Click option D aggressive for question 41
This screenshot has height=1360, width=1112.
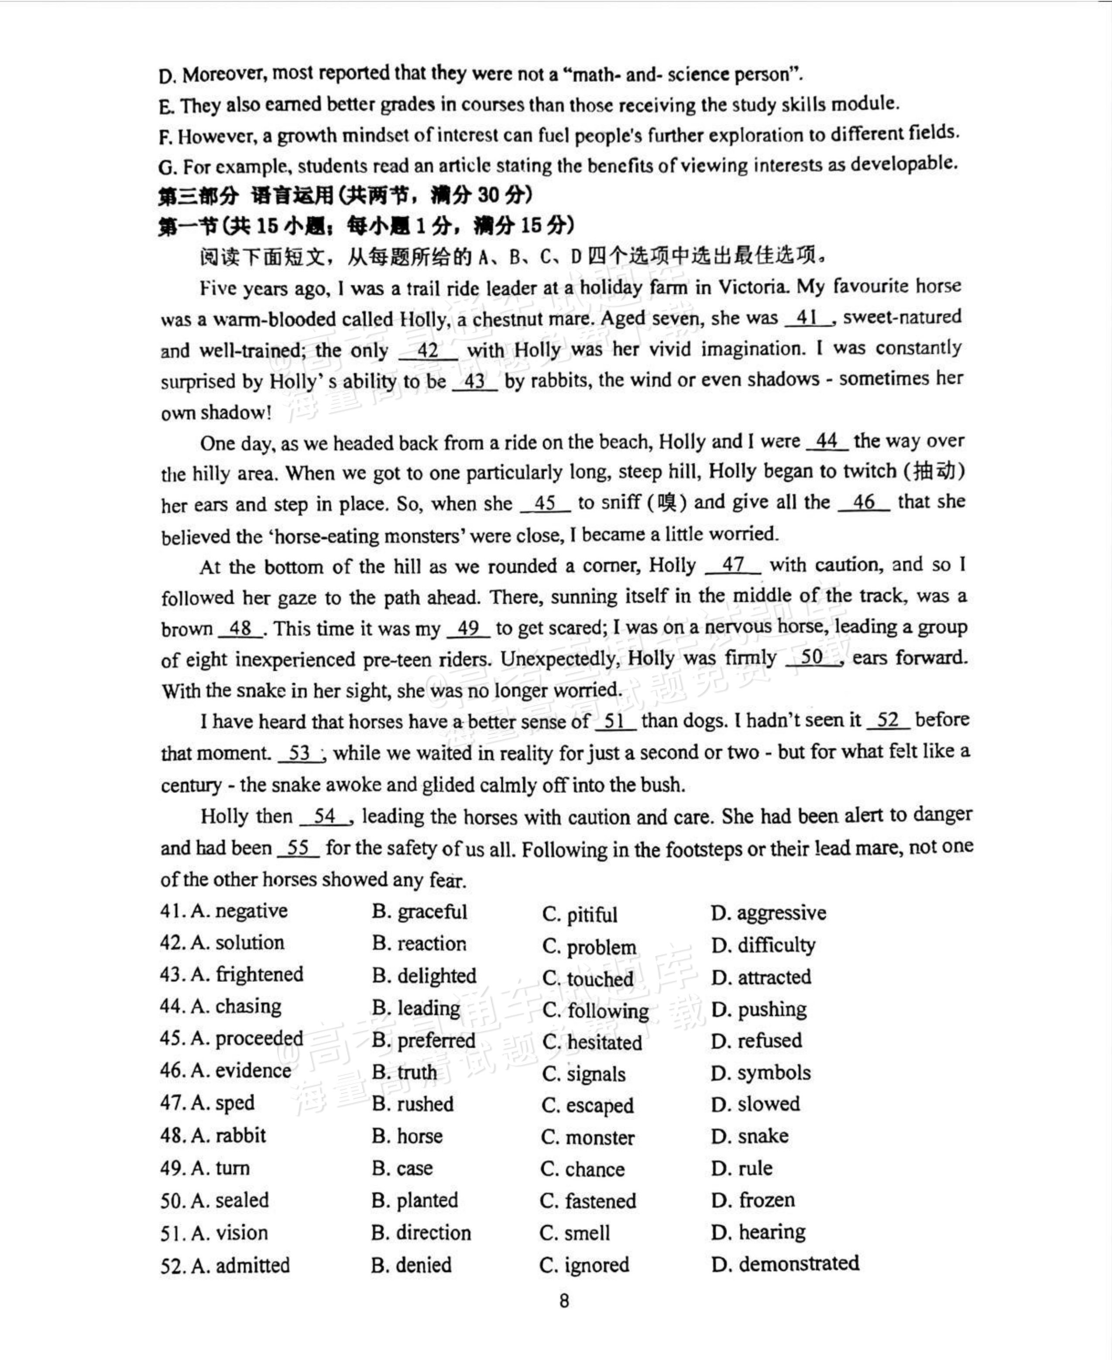(x=769, y=913)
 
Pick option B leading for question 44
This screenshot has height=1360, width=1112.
(x=416, y=1008)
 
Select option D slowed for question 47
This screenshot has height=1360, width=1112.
(x=756, y=1104)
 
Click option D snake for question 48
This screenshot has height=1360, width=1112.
(x=750, y=1136)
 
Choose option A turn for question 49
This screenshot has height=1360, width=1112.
(x=220, y=1168)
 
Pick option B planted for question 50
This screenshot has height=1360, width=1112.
(x=415, y=1200)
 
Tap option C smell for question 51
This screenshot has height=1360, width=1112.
(x=575, y=1233)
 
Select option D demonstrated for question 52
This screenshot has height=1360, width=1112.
(x=785, y=1263)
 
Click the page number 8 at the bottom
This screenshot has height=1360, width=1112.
(x=564, y=1301)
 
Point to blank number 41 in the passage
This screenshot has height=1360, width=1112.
(x=808, y=318)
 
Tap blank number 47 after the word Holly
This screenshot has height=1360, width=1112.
(x=733, y=565)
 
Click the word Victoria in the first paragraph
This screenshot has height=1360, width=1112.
(x=753, y=287)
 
